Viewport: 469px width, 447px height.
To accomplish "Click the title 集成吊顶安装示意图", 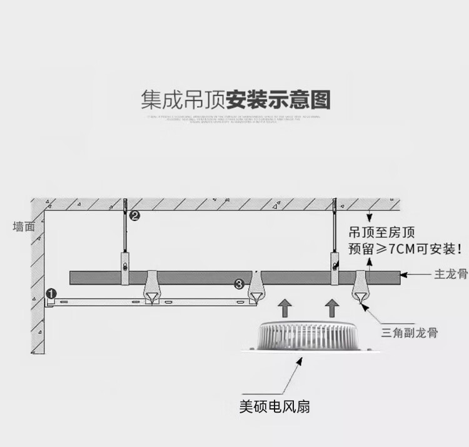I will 235,99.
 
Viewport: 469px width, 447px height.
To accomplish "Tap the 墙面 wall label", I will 24,227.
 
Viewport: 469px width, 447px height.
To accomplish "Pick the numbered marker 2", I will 134,215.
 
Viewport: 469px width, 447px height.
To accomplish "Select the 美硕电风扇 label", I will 275,407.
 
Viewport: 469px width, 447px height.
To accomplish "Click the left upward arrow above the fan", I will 285,307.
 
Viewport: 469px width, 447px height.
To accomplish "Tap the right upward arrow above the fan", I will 332,307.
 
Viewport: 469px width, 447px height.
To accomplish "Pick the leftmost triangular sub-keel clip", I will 152,289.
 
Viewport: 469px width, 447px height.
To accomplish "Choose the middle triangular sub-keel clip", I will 256,289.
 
